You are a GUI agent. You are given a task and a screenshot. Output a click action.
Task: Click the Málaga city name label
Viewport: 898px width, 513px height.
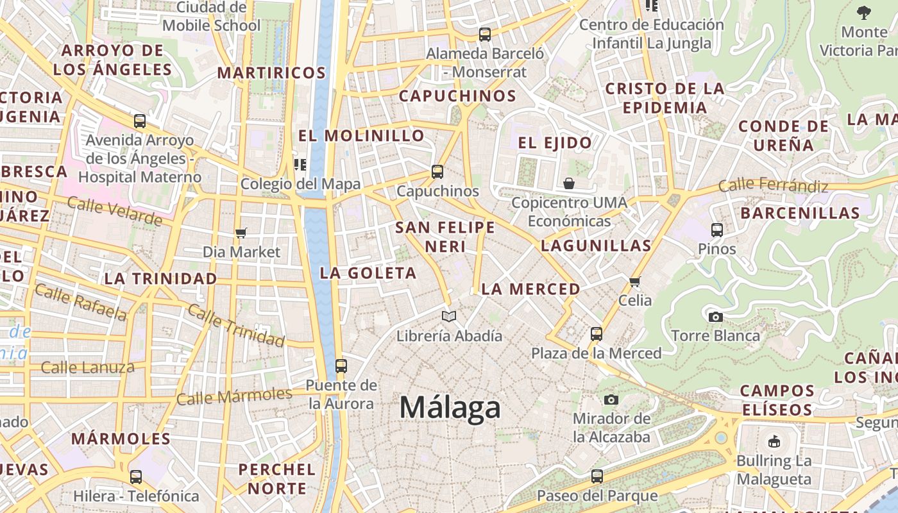coord(450,408)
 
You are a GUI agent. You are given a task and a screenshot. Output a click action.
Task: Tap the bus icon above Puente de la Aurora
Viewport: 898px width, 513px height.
coord(341,366)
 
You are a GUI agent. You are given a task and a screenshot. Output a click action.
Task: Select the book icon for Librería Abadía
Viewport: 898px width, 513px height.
coord(449,316)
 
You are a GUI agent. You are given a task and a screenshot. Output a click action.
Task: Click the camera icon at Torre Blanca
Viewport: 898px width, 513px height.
coord(716,317)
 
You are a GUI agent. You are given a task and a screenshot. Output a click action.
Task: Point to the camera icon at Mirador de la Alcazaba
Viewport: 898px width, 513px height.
coord(611,399)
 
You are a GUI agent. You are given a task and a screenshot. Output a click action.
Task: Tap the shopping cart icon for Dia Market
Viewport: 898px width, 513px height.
coord(241,233)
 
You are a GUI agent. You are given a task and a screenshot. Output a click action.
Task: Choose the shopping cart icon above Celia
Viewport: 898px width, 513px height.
coord(635,282)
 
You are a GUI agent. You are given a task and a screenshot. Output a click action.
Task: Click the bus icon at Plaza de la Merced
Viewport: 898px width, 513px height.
coord(597,334)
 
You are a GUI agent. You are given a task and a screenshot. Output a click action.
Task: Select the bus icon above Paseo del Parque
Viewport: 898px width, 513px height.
coord(597,476)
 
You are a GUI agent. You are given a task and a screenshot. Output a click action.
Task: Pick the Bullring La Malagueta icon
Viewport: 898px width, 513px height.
coord(774,441)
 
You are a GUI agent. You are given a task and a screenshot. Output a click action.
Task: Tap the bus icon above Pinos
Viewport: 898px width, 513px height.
coord(717,230)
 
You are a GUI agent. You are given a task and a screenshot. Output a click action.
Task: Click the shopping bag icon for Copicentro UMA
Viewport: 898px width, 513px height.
coord(569,184)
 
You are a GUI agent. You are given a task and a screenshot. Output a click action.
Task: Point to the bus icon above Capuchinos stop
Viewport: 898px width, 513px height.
coord(437,172)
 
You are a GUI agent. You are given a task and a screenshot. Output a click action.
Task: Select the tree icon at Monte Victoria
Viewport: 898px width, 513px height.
coord(864,12)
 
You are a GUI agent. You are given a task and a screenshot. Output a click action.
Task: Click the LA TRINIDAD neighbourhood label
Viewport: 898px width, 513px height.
coord(160,278)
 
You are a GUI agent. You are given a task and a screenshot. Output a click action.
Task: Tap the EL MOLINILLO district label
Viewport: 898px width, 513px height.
coord(361,135)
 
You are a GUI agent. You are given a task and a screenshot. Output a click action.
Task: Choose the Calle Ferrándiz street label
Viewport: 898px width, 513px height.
coord(773,186)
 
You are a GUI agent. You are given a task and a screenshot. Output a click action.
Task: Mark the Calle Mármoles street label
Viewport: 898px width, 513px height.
coord(234,396)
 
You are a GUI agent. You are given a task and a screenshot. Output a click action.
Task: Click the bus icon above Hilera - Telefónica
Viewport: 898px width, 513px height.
coord(136,477)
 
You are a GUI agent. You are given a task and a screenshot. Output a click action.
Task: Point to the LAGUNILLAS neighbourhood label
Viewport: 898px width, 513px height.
coord(596,245)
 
